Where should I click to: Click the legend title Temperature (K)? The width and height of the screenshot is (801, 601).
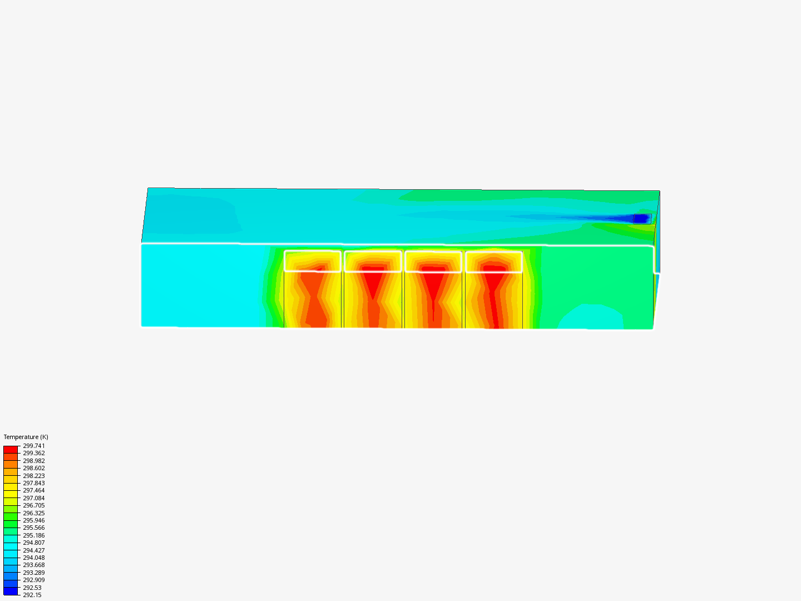[26, 437]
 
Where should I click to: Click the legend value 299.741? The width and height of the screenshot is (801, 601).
[34, 446]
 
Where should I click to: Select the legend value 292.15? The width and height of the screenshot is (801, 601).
[32, 595]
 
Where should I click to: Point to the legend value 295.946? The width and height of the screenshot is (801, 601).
[34, 520]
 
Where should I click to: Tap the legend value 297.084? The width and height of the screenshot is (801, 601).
[34, 498]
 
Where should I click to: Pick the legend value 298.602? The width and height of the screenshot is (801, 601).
[34, 468]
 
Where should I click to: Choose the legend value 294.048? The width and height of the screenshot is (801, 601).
[34, 558]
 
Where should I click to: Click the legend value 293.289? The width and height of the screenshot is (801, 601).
[34, 573]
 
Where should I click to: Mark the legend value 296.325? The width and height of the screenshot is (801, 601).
[34, 513]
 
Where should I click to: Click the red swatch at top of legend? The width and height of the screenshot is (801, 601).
[11, 449]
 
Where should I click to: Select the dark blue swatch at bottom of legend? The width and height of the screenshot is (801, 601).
[11, 591]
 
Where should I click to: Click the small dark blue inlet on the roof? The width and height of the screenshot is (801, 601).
[641, 219]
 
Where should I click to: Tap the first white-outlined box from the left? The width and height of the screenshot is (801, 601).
[313, 261]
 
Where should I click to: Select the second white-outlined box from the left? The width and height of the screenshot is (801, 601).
[373, 261]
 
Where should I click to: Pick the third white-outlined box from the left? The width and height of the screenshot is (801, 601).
[433, 261]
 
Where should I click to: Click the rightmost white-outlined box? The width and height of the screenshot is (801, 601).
[494, 261]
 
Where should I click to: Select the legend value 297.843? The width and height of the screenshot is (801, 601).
[34, 483]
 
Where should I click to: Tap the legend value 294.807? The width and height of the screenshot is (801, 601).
[34, 543]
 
